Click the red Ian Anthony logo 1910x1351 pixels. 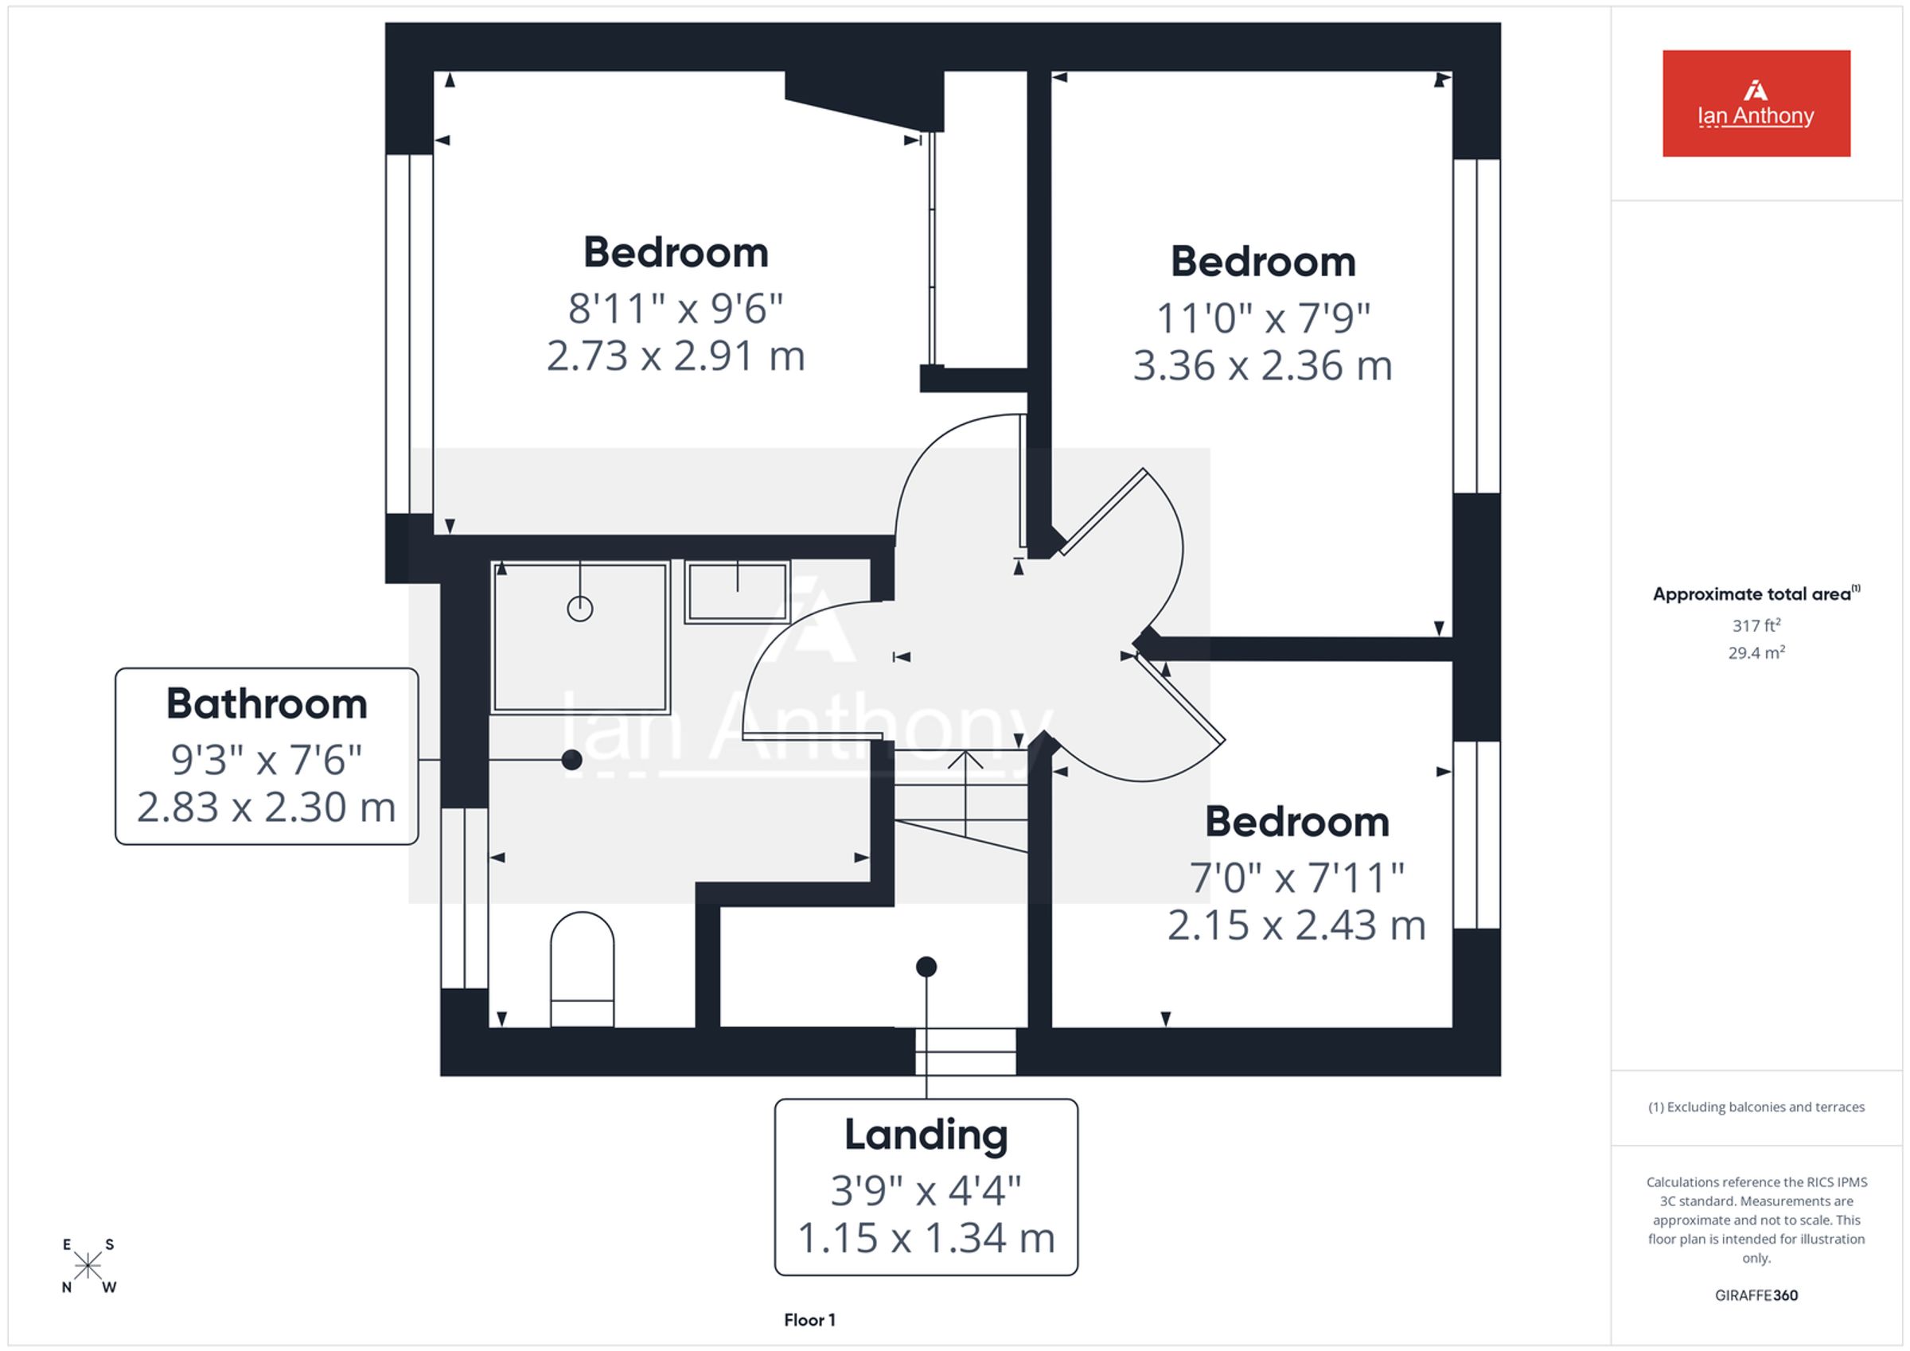(1756, 103)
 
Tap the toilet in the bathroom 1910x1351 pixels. (583, 969)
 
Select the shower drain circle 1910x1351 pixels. (580, 609)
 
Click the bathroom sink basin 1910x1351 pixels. (737, 591)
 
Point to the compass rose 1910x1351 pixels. (88, 1266)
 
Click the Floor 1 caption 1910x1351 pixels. (809, 1319)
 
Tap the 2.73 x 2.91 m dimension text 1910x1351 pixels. (676, 356)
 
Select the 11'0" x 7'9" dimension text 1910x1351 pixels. (1263, 317)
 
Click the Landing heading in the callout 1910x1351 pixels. (926, 1135)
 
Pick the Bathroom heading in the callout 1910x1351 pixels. (267, 704)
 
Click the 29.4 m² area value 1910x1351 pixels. (1756, 653)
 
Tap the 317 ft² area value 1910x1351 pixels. (1756, 625)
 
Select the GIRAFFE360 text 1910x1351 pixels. (1756, 1295)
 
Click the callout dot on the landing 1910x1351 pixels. (926, 967)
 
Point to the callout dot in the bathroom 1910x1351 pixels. (571, 760)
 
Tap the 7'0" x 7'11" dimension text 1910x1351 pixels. (1296, 878)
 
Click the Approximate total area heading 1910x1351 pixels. (1756, 594)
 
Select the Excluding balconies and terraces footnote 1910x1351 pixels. (1756, 1108)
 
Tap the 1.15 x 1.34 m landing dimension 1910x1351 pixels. (926, 1238)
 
